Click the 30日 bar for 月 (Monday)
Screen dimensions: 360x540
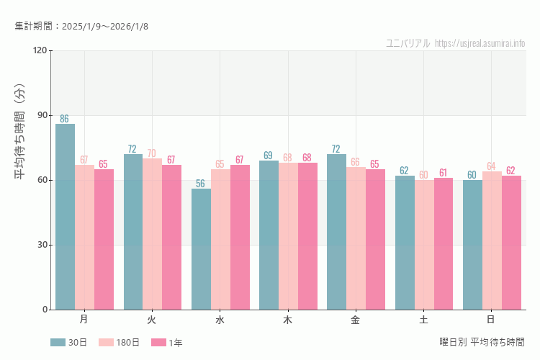(65, 217)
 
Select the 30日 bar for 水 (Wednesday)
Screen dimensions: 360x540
(201, 249)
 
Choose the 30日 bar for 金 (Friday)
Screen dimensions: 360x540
(336, 232)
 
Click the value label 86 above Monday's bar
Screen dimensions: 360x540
(65, 119)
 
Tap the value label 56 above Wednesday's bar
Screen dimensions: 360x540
(201, 184)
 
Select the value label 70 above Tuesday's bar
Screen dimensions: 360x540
(152, 153)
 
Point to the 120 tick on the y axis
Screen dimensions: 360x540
(40, 50)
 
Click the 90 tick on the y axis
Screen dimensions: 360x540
(42, 115)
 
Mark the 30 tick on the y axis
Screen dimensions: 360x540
(42, 245)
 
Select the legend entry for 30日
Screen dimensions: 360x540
(69, 343)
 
